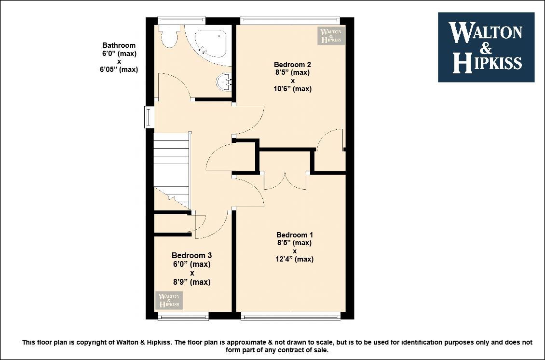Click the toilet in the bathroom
point(169,36)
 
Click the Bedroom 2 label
point(292,64)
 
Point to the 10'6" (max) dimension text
point(292,89)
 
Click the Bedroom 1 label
point(294,235)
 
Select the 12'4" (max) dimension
point(294,259)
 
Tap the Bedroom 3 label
point(191,255)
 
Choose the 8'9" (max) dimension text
point(191,282)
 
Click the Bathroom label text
point(119,45)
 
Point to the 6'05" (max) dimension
point(119,69)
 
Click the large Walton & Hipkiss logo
point(486,47)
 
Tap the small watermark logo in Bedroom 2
point(331,36)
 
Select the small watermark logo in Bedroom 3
point(169,300)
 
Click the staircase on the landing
point(172,171)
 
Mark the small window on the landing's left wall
point(150,117)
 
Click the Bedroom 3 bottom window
point(183,316)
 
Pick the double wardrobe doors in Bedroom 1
point(285,180)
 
